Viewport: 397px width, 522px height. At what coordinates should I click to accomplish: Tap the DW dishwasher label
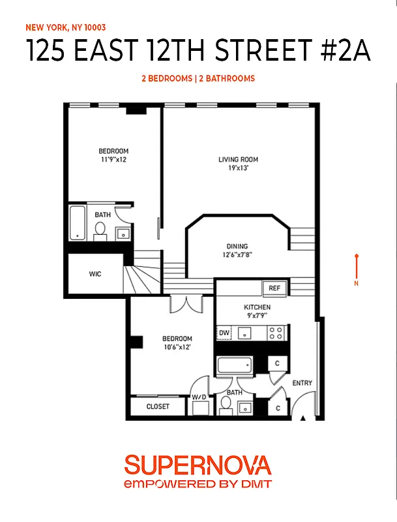click(x=224, y=333)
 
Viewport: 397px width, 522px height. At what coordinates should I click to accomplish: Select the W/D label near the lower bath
click(x=199, y=397)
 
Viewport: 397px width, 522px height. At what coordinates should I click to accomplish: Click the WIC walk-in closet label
click(x=95, y=274)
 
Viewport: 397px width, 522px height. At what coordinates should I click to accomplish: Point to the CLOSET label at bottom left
click(x=157, y=407)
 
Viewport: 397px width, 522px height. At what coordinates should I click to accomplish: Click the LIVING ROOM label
click(x=238, y=159)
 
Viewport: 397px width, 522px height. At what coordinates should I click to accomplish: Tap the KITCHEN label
click(x=257, y=307)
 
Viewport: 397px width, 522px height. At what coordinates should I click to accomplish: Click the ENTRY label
click(x=302, y=382)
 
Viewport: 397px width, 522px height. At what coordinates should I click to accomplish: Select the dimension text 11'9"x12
click(x=113, y=159)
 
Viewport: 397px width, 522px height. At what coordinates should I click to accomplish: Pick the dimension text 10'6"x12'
click(x=177, y=347)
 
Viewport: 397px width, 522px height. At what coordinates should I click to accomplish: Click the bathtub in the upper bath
click(x=78, y=223)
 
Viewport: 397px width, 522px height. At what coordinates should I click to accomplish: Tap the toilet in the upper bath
click(x=100, y=230)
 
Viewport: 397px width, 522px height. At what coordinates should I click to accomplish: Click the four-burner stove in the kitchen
click(x=276, y=333)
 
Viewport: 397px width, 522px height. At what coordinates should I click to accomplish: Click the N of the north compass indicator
click(x=356, y=283)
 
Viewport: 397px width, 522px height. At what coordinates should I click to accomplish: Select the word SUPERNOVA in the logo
click(x=198, y=465)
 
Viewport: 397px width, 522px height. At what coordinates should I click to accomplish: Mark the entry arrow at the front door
click(x=302, y=418)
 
